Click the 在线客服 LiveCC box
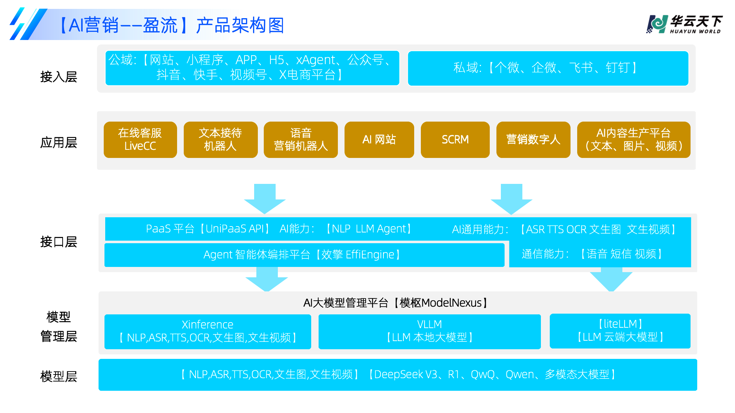[x=140, y=140]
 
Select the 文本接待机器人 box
[x=220, y=140]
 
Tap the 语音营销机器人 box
[x=300, y=140]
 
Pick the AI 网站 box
[x=379, y=140]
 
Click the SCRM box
[x=455, y=140]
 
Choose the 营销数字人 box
[x=533, y=140]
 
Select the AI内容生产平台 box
[x=633, y=140]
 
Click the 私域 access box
[x=548, y=68]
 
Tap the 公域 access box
[x=252, y=68]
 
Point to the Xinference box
[x=207, y=331]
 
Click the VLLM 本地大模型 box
[x=429, y=331]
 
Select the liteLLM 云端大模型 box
[x=620, y=331]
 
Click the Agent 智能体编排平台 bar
[x=304, y=255]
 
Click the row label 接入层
[x=59, y=77]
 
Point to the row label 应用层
[x=59, y=142]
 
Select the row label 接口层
[x=59, y=242]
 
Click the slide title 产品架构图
[x=240, y=26]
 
